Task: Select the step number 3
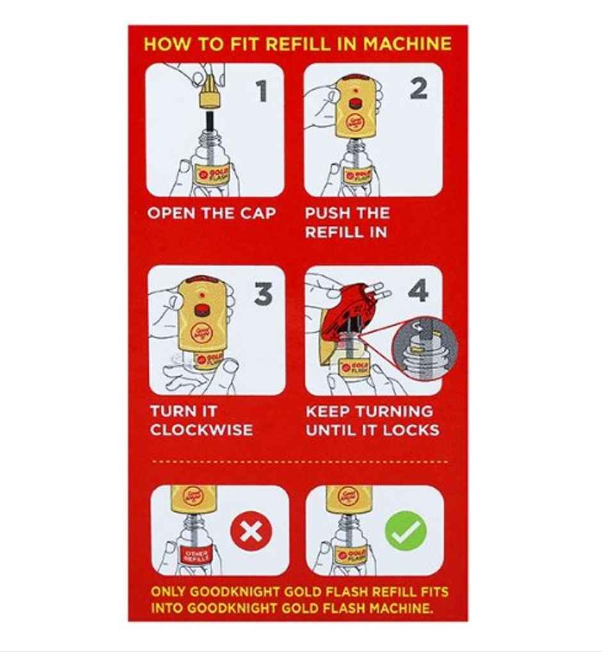pos(263,294)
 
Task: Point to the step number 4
pos(418,292)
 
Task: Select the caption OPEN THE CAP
pos(211,214)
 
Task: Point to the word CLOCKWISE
pos(202,430)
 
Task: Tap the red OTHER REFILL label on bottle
pos(195,554)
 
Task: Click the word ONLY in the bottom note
pos(172,592)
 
